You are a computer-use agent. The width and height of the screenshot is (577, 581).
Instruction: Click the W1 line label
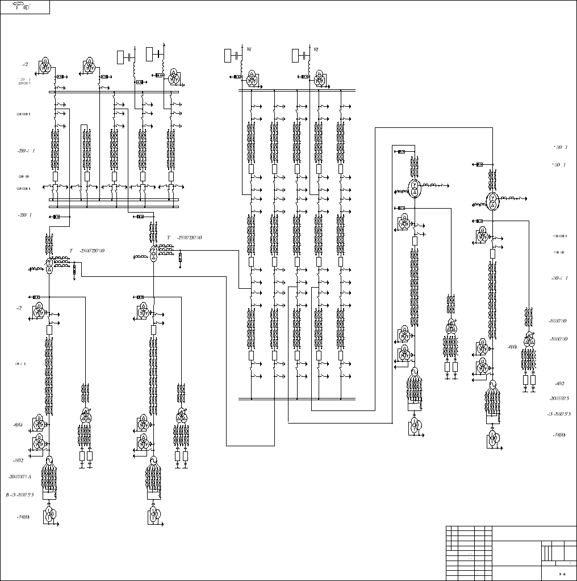coord(249,49)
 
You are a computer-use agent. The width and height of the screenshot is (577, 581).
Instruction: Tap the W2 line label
coord(316,49)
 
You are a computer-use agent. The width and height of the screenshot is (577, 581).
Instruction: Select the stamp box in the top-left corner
coord(25,7)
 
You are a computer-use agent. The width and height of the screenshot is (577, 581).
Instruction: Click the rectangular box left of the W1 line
coord(229,55)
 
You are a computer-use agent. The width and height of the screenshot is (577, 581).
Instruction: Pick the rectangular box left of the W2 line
coord(295,55)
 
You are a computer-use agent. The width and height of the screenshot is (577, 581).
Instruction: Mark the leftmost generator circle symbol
coord(49,460)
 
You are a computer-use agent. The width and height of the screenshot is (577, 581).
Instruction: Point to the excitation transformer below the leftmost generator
coord(49,515)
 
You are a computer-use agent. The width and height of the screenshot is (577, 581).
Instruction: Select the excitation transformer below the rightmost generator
coord(492,438)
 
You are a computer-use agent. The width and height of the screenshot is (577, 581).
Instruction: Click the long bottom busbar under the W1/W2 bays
coord(297,399)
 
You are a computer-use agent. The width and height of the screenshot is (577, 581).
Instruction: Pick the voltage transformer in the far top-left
coord(45,65)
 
